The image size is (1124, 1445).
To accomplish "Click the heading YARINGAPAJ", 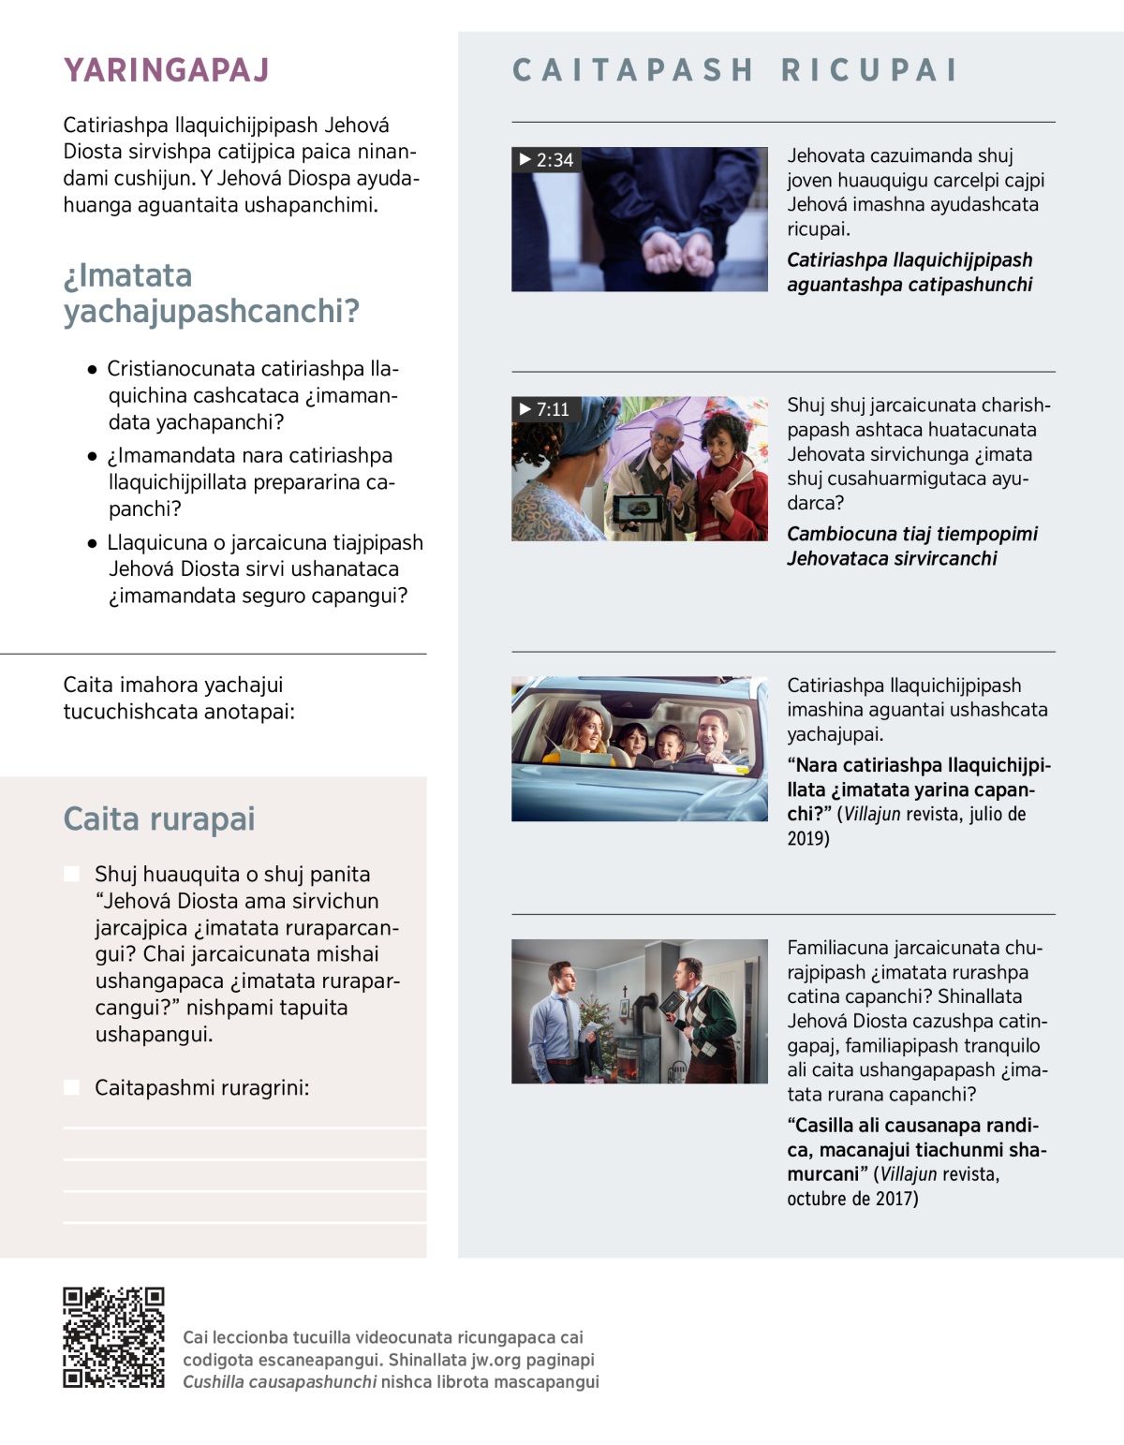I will pos(166,70).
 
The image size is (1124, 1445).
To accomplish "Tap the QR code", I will pos(113,1337).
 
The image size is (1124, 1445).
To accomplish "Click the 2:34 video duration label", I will pos(546,160).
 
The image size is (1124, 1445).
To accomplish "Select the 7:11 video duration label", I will pos(544,409).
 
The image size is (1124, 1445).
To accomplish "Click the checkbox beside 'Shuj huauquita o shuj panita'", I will pos(71,874).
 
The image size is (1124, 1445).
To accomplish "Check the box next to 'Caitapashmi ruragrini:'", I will pos(71,1087).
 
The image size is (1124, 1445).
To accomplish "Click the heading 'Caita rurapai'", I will pos(158,818).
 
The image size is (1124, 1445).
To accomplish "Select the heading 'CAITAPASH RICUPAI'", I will pos(735,70).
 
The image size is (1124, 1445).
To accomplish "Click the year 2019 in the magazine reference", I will pos(807,839).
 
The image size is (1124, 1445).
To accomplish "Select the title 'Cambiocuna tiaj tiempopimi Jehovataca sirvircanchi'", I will pos(911,546).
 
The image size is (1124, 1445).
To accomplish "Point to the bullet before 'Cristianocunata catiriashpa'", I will pos(92,370).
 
